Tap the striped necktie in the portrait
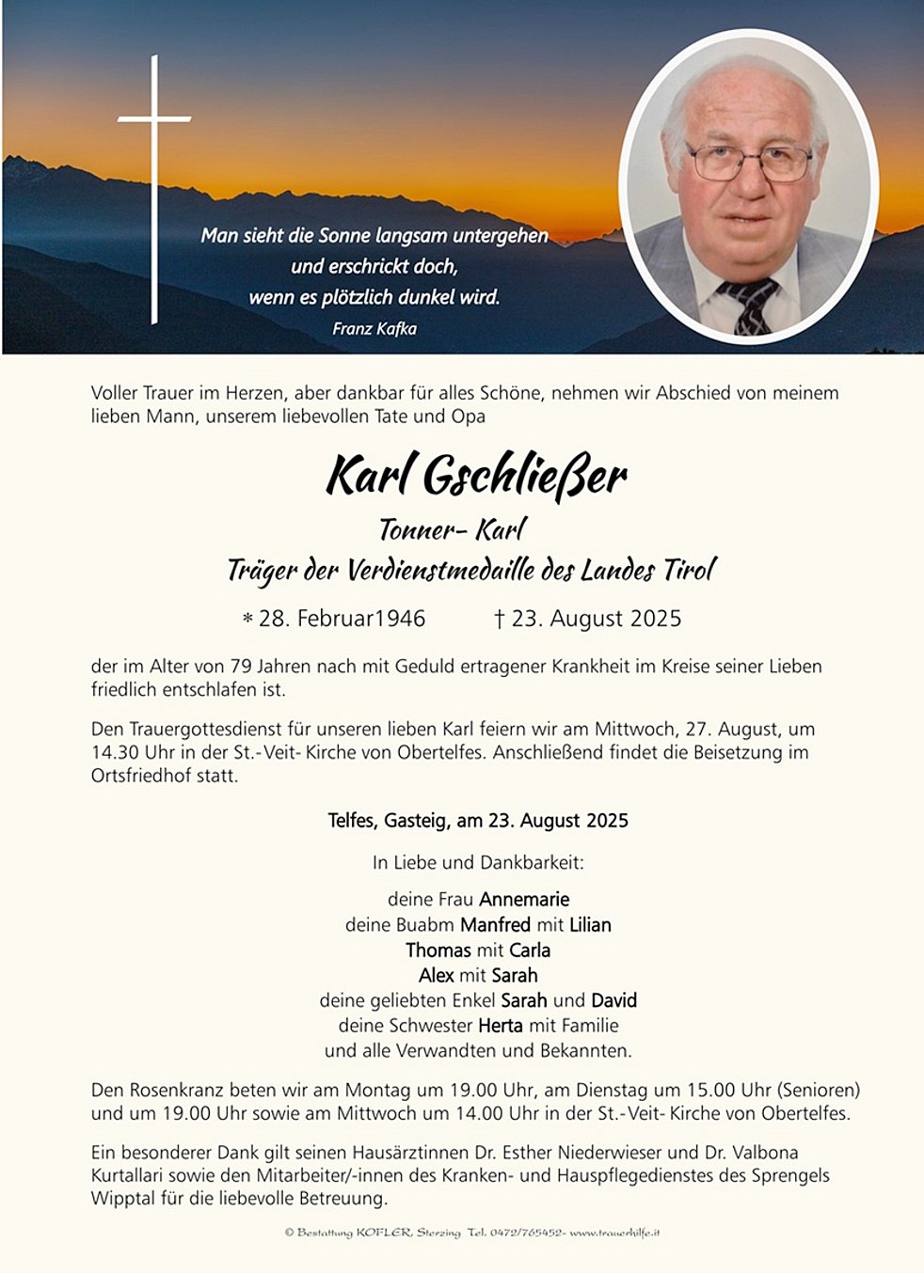click(x=751, y=306)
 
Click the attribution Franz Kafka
click(x=374, y=329)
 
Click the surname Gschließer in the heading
click(x=524, y=477)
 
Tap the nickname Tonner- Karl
click(x=452, y=530)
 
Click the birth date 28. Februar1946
click(x=342, y=619)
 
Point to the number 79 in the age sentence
click(x=241, y=667)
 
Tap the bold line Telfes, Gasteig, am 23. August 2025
click(x=478, y=821)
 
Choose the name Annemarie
click(x=524, y=900)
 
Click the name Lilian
click(x=590, y=925)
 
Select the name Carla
click(x=530, y=951)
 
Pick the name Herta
click(x=500, y=1026)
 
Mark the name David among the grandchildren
click(x=613, y=1000)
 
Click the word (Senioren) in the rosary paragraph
click(x=818, y=1091)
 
